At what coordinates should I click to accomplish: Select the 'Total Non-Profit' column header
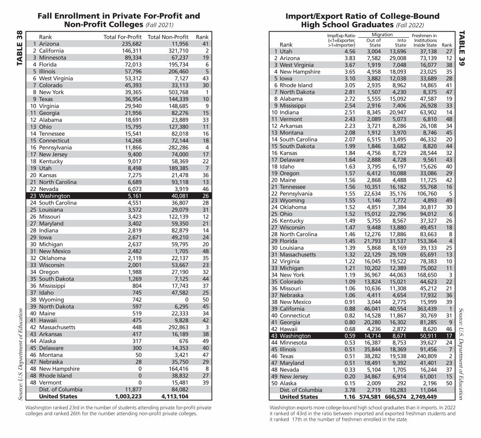tap(168, 37)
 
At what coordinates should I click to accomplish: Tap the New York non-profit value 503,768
tap(175, 92)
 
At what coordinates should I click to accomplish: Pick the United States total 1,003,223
tap(128, 396)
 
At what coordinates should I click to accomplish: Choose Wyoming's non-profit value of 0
tap(186, 299)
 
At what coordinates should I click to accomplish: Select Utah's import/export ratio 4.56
tap(350, 51)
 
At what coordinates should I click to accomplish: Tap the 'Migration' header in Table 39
tap(382, 34)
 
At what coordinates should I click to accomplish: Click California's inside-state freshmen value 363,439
tap(424, 309)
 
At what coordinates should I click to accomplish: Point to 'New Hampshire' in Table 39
tap(300, 72)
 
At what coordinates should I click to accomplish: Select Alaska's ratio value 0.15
tap(350, 383)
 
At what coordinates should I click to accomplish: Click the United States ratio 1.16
tap(350, 397)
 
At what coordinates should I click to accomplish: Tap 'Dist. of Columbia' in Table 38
tap(61, 389)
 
